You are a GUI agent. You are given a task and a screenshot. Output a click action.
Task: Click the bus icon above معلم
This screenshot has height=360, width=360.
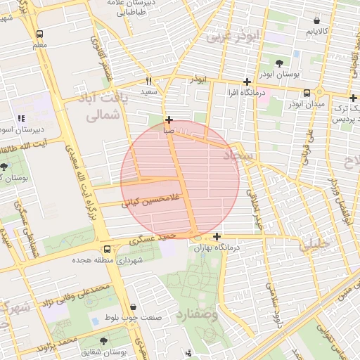click(39, 34)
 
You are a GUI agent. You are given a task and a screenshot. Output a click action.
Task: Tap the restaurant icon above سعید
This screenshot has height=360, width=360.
click(148, 80)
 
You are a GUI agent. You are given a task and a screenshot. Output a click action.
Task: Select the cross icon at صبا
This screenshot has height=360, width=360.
click(169, 120)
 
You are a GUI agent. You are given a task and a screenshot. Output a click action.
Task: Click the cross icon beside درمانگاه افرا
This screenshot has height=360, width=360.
click(246, 82)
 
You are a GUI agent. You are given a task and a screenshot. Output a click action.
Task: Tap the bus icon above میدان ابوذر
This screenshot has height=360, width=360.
click(307, 93)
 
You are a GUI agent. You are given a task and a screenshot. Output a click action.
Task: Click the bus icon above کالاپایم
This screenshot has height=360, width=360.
click(314, 20)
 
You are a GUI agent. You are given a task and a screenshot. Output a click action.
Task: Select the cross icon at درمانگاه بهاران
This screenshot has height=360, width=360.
click(217, 236)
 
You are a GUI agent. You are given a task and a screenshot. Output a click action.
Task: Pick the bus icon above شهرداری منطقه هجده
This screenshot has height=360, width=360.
click(107, 250)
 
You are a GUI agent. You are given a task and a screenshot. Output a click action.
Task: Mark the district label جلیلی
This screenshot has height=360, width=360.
click(314, 245)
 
